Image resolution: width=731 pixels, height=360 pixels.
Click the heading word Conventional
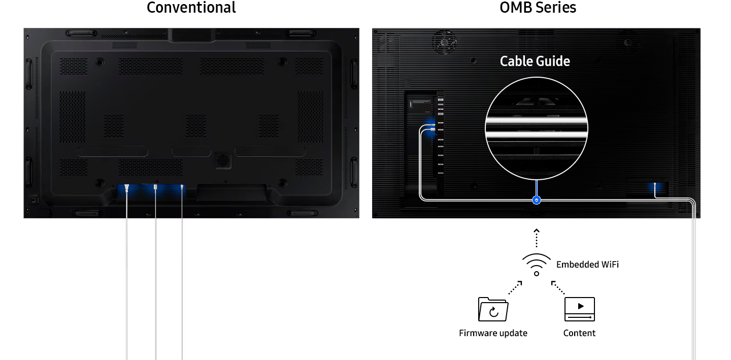coord(191,8)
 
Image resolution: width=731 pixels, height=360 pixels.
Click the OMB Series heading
coord(538,8)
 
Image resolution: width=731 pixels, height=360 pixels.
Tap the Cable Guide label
coord(535,61)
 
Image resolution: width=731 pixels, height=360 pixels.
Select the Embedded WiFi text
coord(587,265)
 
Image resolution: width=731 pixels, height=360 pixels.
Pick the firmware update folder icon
coord(493,309)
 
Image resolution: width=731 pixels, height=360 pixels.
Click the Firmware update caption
coord(493,333)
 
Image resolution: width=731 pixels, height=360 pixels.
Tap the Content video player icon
coord(579,309)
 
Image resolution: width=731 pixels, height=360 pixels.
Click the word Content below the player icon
coord(579,333)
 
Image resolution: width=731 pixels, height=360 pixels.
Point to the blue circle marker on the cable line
coord(537,201)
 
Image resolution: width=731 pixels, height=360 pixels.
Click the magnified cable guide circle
coord(537,128)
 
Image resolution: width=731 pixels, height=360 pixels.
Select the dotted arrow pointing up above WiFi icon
coord(537,238)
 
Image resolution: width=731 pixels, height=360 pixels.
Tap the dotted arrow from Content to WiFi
coord(558,287)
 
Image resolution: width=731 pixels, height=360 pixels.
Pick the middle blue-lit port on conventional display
coord(156,188)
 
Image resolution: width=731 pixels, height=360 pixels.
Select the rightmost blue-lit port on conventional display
coord(182,188)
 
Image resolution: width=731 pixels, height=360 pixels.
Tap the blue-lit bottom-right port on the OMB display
coord(655,187)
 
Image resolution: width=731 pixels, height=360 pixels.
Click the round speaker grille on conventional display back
coord(222,159)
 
